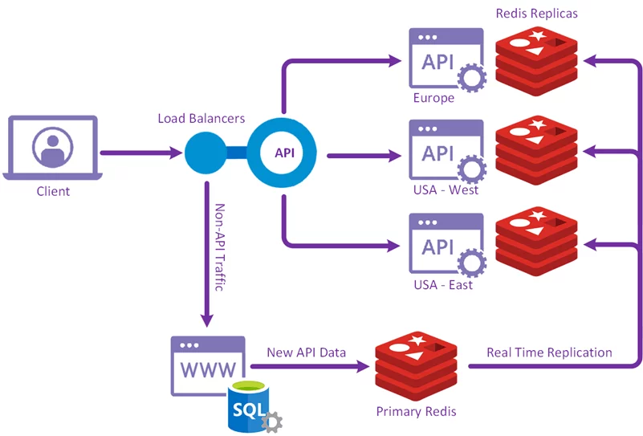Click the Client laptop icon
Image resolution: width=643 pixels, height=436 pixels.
point(53,148)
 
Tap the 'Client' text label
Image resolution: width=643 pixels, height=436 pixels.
point(53,192)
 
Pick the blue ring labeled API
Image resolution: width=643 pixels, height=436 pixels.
point(281,153)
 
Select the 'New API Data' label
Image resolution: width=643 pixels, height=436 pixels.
point(306,352)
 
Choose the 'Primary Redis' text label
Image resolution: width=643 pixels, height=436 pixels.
point(416,411)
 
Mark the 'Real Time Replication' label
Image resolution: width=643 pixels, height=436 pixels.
point(549,352)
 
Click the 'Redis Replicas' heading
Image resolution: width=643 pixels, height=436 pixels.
point(536,14)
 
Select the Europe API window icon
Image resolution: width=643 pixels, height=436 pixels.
point(442,59)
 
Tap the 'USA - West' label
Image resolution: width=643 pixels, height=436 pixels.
point(445,190)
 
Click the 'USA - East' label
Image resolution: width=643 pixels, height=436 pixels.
point(443,284)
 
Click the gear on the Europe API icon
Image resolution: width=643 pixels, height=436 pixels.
point(471,79)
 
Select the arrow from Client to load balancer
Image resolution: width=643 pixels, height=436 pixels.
point(140,153)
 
